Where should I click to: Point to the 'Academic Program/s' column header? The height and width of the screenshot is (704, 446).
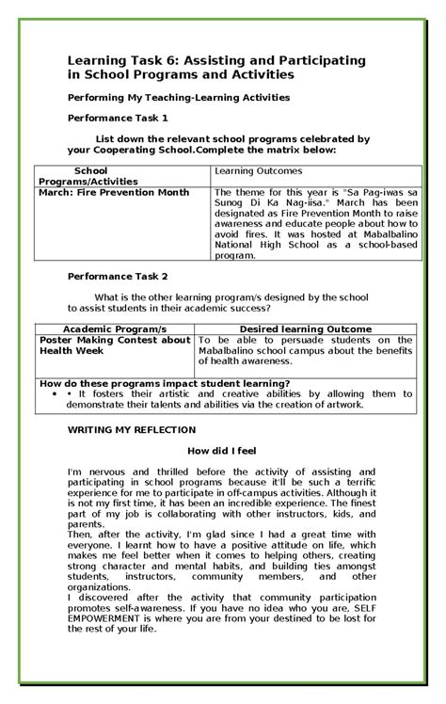(x=112, y=328)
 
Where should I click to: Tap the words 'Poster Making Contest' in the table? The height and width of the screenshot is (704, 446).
(x=98, y=340)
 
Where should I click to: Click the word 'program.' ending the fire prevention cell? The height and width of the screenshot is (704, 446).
(x=235, y=254)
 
